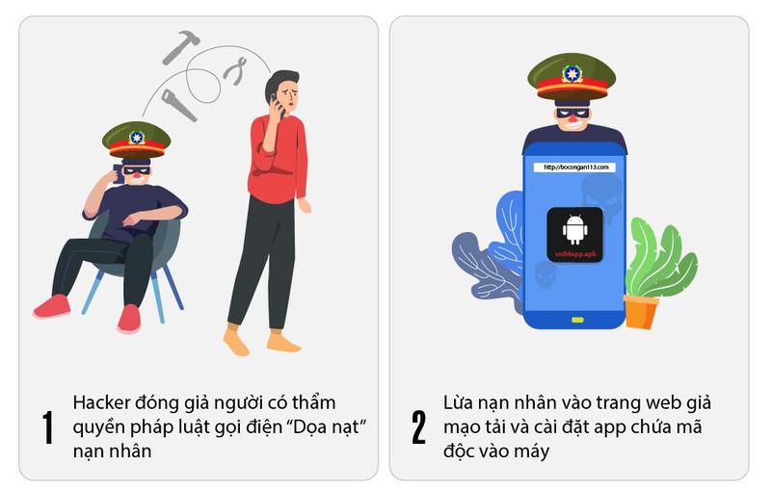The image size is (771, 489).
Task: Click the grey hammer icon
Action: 179,46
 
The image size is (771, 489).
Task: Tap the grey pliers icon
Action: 235,71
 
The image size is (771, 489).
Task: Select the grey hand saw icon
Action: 178,105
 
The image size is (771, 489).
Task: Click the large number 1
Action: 47,427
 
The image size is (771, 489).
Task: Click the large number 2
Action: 418,427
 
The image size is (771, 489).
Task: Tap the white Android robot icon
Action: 574,229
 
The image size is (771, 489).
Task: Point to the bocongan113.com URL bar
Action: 574,167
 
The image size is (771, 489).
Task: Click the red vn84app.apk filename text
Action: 575,254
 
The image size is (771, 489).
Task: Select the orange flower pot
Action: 641,311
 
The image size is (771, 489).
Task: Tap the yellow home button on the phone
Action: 577,321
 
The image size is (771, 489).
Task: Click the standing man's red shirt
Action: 278,157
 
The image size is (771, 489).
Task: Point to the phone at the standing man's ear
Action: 278,106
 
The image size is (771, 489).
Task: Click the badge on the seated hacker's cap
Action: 136,138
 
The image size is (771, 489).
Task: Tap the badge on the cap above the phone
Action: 572,74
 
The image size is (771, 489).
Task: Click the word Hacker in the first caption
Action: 101,402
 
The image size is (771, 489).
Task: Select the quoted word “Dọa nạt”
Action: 330,426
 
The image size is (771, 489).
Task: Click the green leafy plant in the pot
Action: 661,259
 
